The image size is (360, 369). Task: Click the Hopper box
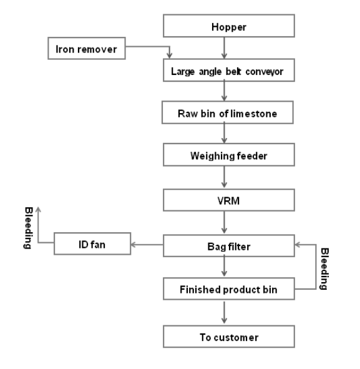[229, 26]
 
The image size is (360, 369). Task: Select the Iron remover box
[87, 48]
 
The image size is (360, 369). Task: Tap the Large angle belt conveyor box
[229, 70]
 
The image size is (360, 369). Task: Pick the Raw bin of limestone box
[227, 112]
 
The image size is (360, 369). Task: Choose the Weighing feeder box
[229, 155]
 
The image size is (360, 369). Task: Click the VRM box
[229, 200]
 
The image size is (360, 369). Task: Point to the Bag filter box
[229, 245]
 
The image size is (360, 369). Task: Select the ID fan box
[92, 244]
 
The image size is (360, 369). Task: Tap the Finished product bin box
[229, 288]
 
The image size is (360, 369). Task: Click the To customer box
[229, 337]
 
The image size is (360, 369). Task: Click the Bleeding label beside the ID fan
[29, 228]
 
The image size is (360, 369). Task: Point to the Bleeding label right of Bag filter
[324, 268]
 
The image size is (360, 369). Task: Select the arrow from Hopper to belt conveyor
[224, 48]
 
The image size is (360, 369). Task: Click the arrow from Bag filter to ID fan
[147, 245]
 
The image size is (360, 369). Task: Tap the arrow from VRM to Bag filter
[224, 222]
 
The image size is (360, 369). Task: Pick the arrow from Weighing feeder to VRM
[224, 177]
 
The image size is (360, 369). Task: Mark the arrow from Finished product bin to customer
[224, 312]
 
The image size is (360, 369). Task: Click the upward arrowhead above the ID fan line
[38, 209]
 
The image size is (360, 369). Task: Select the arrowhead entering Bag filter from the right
[298, 245]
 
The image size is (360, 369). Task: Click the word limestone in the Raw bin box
[254, 114]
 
